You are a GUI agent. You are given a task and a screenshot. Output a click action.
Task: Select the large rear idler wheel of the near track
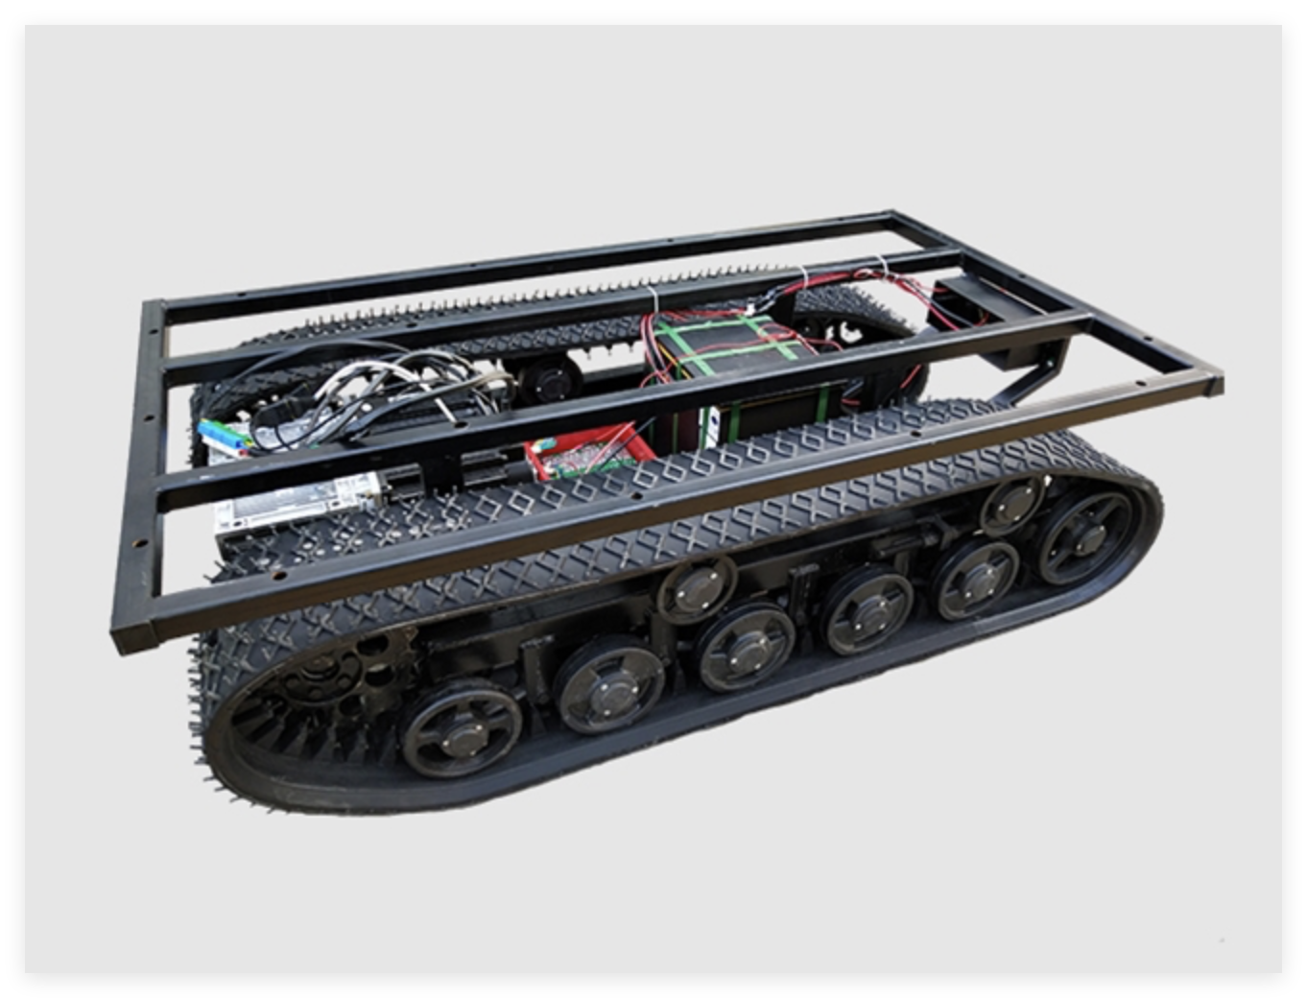[x=1090, y=536]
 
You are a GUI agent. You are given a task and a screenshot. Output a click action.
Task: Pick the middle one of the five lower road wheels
[x=746, y=646]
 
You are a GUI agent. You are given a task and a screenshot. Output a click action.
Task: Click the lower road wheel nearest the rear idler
[x=977, y=579]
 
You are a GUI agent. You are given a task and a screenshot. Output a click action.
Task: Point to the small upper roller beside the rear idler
[x=1013, y=504]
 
